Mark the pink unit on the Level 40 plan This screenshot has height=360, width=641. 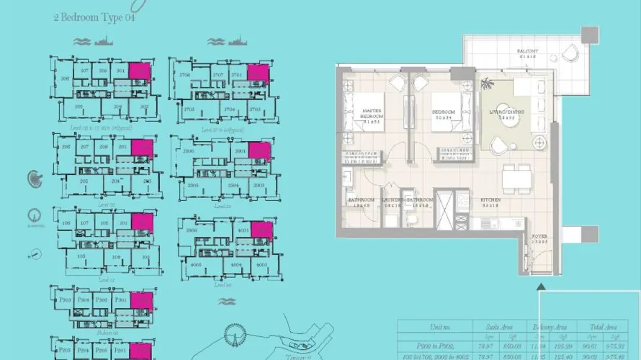pos(262,232)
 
